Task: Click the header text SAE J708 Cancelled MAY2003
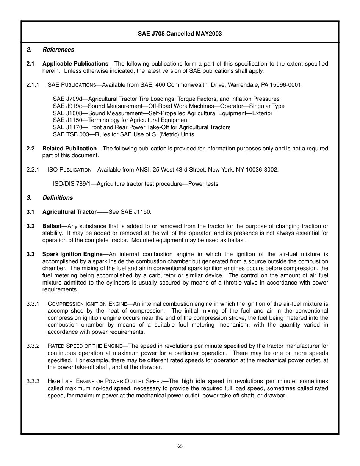(x=180, y=34)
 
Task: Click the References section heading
(x=58, y=50)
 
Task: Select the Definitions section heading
(x=58, y=198)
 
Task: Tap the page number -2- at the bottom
(x=180, y=446)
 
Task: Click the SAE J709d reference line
(x=166, y=99)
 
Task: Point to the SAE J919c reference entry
(x=169, y=106)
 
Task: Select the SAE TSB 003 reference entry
(x=123, y=134)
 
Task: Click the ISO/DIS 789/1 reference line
(x=135, y=184)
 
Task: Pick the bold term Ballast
(x=53, y=226)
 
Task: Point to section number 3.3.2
(x=33, y=346)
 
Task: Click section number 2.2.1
(x=33, y=170)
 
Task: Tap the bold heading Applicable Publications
(x=77, y=64)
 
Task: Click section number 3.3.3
(x=33, y=382)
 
